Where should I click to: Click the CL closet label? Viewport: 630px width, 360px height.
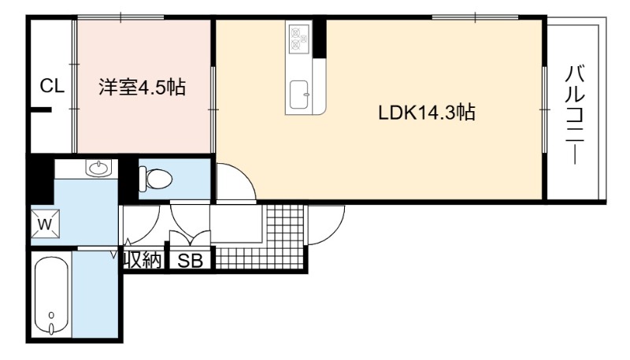pos(52,86)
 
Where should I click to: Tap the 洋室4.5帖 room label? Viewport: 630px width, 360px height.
pos(143,87)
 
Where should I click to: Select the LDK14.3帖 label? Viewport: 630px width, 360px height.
pos(427,113)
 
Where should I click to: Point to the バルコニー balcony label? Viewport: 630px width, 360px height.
pos(575,114)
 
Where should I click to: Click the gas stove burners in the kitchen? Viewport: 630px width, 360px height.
pos(299,38)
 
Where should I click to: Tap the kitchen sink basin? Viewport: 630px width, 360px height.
pos(299,95)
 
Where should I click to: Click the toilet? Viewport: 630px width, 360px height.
pos(155,179)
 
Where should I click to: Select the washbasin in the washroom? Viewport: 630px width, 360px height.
pos(98,168)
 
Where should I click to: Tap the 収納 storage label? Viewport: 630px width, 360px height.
pos(143,261)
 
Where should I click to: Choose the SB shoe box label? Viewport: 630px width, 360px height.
pos(190,262)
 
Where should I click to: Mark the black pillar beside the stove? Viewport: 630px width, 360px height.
pos(320,38)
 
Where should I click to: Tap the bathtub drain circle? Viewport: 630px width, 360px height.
pos(51,314)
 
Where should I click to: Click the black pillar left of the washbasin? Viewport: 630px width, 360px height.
pos(40,180)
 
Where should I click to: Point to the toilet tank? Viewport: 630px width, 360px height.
pos(143,179)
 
